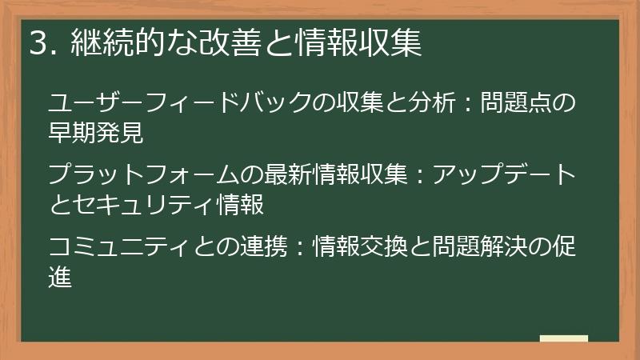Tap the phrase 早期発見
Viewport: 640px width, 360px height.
[96, 133]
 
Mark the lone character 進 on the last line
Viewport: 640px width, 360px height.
[61, 275]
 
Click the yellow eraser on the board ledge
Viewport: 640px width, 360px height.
[563, 339]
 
